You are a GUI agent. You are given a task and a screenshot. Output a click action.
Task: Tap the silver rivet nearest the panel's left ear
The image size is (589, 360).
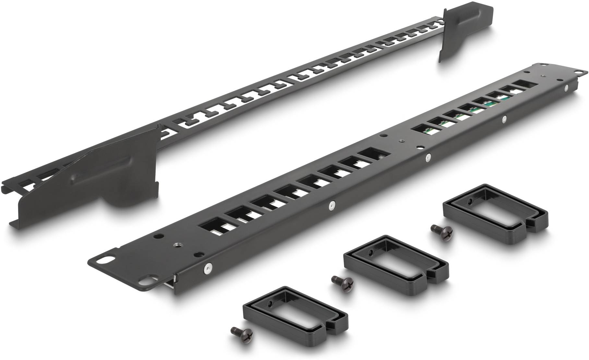click(208, 268)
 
